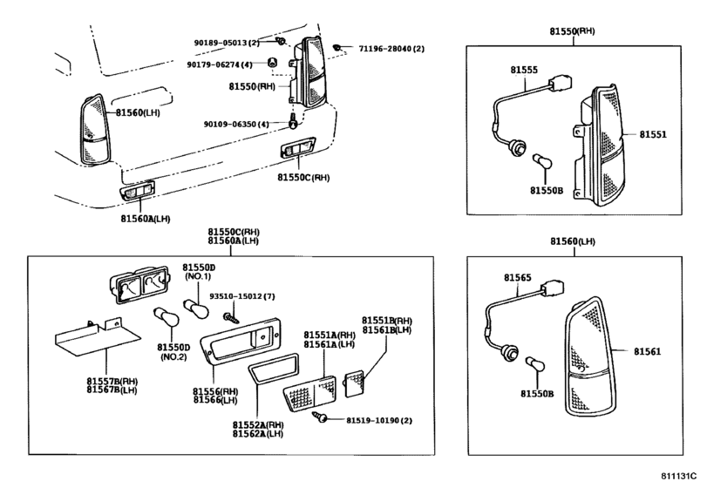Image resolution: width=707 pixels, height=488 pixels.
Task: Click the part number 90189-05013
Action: click(x=221, y=43)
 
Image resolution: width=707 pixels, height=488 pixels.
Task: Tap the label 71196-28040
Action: click(x=385, y=48)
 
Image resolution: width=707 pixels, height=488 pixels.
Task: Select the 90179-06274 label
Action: click(x=214, y=64)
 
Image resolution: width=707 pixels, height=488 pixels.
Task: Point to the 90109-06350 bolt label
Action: click(x=230, y=124)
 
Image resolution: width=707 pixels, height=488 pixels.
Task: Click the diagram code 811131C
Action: click(x=679, y=477)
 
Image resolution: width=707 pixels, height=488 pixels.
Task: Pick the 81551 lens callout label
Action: click(x=652, y=134)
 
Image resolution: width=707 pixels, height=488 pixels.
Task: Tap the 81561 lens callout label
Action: click(x=648, y=351)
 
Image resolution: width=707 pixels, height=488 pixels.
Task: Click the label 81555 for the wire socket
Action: click(x=524, y=70)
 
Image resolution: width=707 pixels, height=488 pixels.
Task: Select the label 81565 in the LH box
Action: click(x=518, y=278)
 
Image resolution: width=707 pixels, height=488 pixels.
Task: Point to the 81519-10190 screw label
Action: click(x=373, y=420)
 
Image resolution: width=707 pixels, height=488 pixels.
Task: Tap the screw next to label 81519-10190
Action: click(x=320, y=417)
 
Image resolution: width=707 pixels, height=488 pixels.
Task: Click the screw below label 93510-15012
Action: click(x=231, y=318)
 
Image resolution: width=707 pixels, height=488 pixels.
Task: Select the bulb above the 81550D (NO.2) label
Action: click(x=167, y=317)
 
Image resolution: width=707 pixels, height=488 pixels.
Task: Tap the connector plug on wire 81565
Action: click(x=554, y=288)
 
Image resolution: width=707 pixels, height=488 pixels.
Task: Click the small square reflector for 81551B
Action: click(x=354, y=383)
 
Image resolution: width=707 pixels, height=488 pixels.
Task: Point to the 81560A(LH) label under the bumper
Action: click(x=146, y=219)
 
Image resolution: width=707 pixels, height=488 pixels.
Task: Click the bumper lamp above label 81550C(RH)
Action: click(x=298, y=148)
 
